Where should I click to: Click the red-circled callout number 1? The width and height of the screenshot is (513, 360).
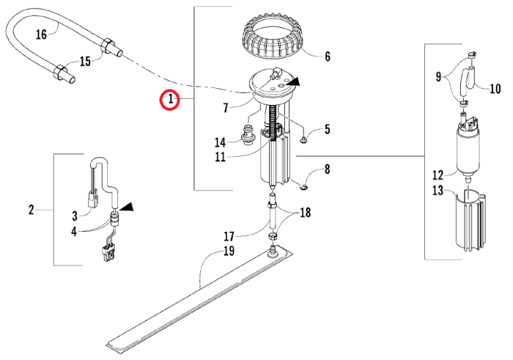tap(170, 99)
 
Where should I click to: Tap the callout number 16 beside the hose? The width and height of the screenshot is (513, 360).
tap(41, 34)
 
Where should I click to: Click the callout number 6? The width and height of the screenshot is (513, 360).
tap(327, 56)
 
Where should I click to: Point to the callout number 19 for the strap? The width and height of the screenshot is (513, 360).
tap(229, 251)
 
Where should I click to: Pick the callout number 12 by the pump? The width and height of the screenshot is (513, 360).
tap(438, 175)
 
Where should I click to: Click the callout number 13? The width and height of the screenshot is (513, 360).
tap(438, 191)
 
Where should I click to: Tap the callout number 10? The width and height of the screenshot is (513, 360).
tap(495, 89)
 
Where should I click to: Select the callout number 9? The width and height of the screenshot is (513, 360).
tap(438, 77)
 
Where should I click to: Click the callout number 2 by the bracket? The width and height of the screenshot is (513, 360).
tap(31, 210)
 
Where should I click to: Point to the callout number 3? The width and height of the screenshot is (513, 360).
tap(75, 216)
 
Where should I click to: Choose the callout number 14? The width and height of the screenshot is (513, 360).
tap(220, 142)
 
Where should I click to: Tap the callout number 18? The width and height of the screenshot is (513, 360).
tap(305, 213)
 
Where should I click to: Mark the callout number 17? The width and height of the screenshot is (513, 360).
tap(229, 236)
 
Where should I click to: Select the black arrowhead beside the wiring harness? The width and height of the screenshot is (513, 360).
tap(127, 206)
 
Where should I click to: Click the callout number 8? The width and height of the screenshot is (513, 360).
tap(327, 169)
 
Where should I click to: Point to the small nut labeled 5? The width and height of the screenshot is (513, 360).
tap(303, 140)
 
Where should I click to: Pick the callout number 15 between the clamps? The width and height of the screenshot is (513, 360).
tap(86, 61)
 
